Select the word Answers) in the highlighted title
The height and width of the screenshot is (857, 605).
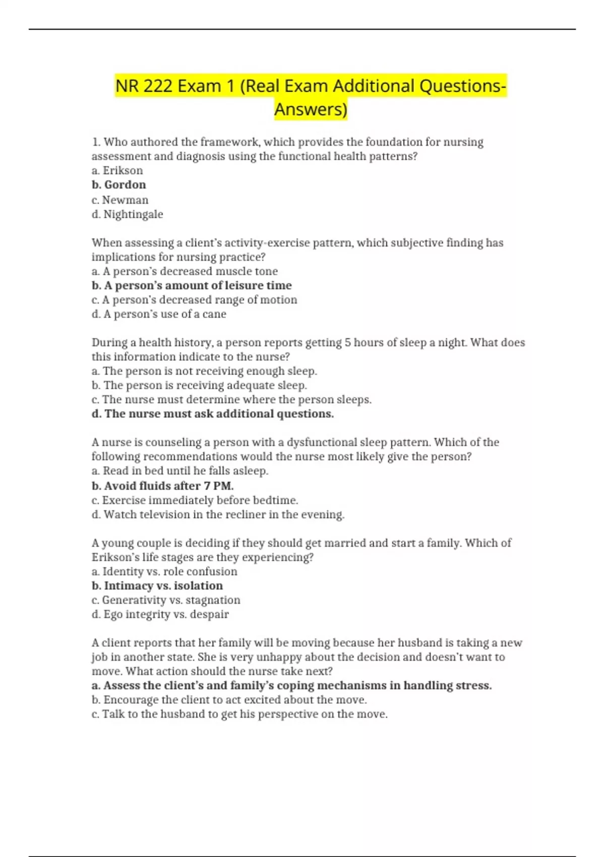311,109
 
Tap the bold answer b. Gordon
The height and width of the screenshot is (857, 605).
119,185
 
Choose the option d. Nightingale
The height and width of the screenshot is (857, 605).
128,214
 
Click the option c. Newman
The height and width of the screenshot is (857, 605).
120,200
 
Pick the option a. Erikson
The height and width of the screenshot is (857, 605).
117,170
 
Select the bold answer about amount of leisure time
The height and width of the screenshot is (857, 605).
192,285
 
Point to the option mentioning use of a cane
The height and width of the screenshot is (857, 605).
159,314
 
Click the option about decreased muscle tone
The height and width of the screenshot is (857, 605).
185,271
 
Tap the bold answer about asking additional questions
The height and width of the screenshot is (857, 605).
213,414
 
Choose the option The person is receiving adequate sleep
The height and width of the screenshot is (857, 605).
199,385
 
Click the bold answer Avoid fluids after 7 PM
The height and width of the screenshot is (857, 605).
162,486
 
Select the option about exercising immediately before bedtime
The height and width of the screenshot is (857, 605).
195,500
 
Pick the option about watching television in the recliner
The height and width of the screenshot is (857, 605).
218,515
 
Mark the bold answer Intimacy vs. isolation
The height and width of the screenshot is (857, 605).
157,586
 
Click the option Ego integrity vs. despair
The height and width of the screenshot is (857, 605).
160,615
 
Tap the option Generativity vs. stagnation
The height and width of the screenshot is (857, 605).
166,600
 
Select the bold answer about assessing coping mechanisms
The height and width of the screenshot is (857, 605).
291,686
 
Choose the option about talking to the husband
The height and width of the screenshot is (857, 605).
239,714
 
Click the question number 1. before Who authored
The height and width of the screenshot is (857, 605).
96,142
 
